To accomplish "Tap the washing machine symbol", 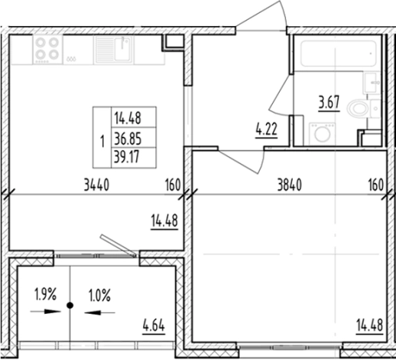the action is tap(322, 134).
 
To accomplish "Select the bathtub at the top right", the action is tap(338, 53).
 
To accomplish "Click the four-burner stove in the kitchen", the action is tap(48, 49).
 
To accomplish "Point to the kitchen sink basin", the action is tap(123, 49).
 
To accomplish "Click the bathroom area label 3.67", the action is tap(329, 102).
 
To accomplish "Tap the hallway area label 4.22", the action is tap(266, 129).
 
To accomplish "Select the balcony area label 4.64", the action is tap(154, 325).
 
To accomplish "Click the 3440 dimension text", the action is tap(97, 185).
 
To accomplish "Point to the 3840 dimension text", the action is tap(290, 185).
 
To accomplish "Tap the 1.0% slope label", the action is tap(100, 295).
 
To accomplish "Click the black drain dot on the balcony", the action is tap(70, 305).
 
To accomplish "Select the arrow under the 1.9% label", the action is tap(45, 312).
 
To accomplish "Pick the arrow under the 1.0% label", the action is tap(100, 312).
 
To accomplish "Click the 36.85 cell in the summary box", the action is tap(128, 139).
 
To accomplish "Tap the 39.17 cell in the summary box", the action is tap(127, 157).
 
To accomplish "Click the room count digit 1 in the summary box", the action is tap(102, 142).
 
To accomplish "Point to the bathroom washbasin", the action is tap(370, 83).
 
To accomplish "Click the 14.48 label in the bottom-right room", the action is tap(369, 325).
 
